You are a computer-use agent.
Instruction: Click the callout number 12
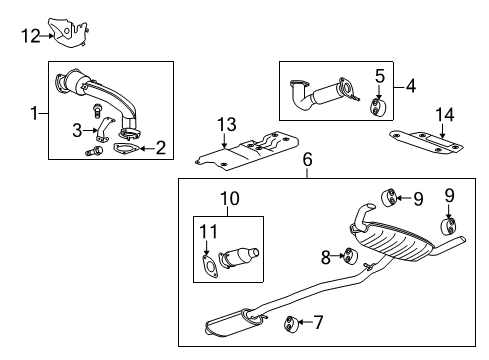[x=31, y=37]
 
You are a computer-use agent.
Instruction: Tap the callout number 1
[x=37, y=114]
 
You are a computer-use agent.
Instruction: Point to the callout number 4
[x=411, y=86]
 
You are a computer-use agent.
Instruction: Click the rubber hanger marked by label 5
[x=378, y=108]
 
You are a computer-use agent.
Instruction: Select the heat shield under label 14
[x=431, y=148]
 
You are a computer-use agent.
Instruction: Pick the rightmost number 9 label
[x=448, y=197]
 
